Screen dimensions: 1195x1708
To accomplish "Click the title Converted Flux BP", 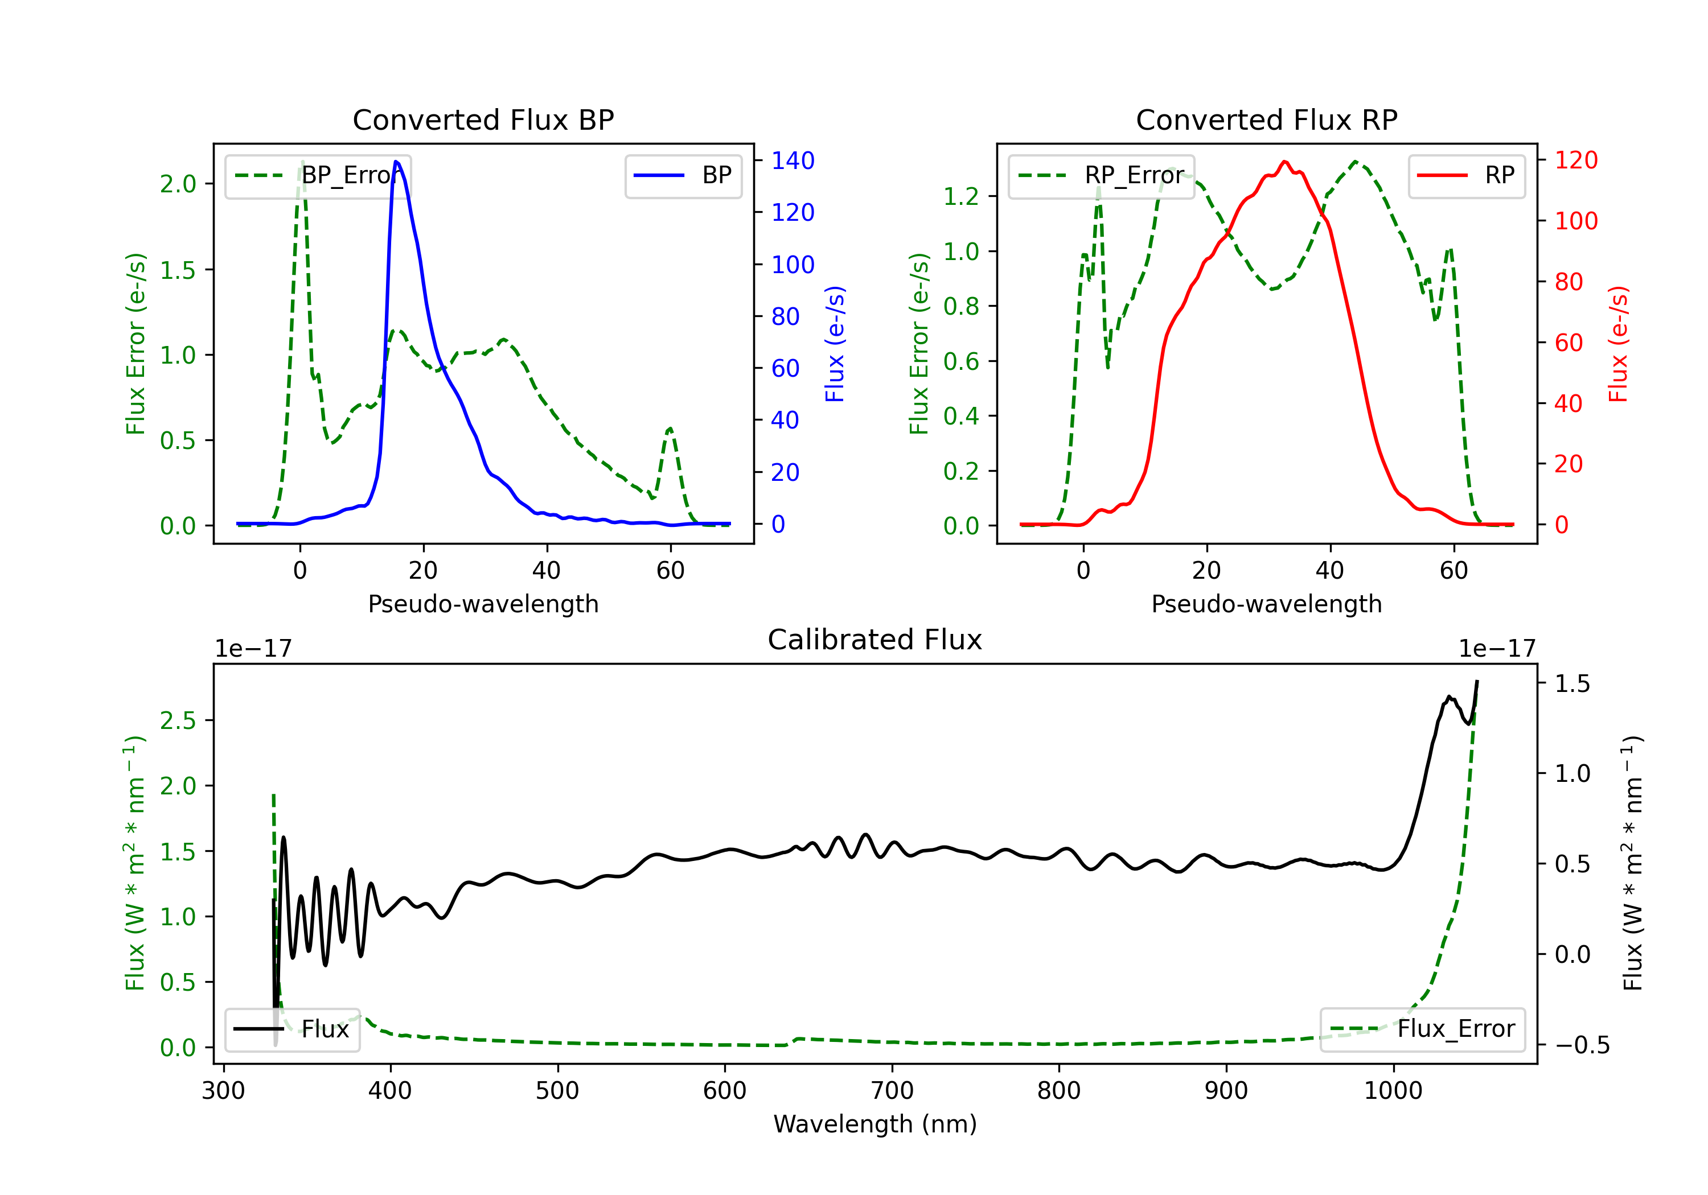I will pyautogui.click(x=483, y=119).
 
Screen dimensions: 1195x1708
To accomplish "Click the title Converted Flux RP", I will pyautogui.click(x=1266, y=119).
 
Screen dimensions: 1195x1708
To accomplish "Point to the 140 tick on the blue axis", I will pyautogui.click(x=793, y=160).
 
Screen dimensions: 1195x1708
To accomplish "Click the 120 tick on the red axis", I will pyautogui.click(x=1575, y=160).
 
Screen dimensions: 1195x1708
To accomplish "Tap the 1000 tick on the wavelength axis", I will pyautogui.click(x=1393, y=1091).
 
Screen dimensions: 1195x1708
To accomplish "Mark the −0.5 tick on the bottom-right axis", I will pyautogui.click(x=1582, y=1045).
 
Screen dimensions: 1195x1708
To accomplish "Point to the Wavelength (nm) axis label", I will pyautogui.click(x=875, y=1124).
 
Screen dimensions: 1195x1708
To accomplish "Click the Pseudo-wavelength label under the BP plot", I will pyautogui.click(x=483, y=604).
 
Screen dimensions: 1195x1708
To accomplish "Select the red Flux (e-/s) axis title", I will pyautogui.click(x=1618, y=344).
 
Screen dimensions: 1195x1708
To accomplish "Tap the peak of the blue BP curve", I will pyautogui.click(x=396, y=162).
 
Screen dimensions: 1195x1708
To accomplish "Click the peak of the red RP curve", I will pyautogui.click(x=1285, y=162).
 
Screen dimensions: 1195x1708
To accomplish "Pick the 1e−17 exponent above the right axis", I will pyautogui.click(x=1497, y=649).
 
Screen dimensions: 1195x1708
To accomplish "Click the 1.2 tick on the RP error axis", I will pyautogui.click(x=960, y=196).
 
